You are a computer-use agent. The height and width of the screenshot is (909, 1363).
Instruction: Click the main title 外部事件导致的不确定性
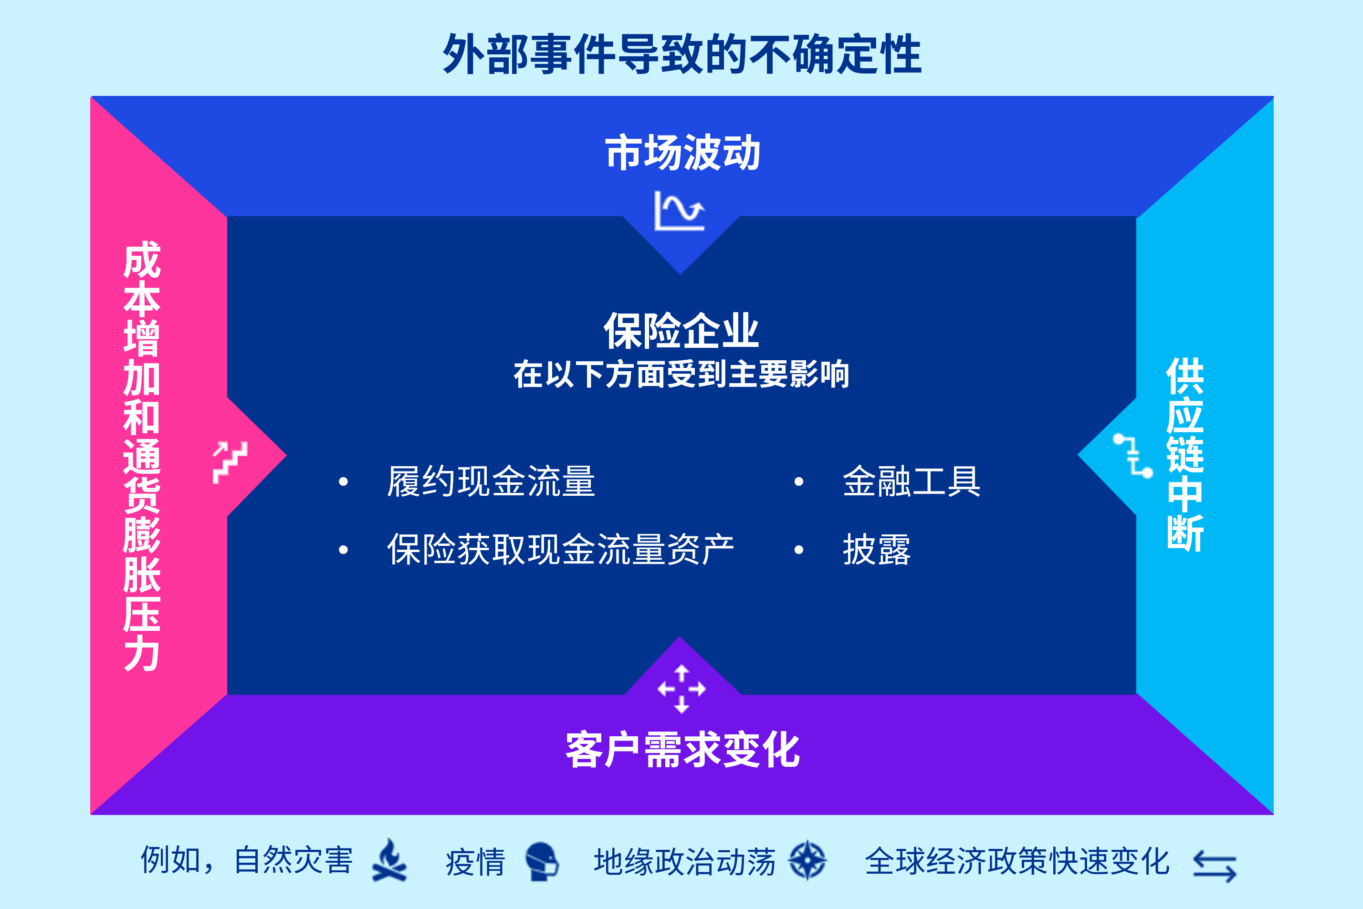[682, 54]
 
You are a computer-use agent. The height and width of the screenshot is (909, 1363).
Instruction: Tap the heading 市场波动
[682, 153]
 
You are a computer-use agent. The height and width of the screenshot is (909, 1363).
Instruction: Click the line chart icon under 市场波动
[680, 211]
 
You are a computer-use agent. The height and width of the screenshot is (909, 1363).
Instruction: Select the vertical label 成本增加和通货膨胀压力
[142, 456]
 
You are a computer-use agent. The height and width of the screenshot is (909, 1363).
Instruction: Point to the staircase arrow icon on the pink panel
[230, 462]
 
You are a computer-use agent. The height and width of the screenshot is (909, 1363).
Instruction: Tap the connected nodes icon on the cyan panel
[1133, 456]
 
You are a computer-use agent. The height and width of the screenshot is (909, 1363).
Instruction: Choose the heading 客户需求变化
[682, 750]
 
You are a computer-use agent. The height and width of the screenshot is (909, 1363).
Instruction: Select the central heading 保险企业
[681, 331]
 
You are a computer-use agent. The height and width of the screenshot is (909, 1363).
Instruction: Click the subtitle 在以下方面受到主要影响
[681, 374]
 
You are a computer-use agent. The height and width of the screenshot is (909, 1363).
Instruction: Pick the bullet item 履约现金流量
[491, 481]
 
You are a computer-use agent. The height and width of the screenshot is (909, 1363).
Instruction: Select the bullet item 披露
[877, 549]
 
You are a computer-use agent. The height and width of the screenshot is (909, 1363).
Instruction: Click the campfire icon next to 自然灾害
[389, 860]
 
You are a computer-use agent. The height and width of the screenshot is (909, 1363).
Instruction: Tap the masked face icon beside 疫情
[542, 861]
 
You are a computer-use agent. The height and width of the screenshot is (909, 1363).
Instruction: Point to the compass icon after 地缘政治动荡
[807, 860]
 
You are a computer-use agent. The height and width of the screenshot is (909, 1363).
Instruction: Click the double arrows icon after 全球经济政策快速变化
[1215, 866]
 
